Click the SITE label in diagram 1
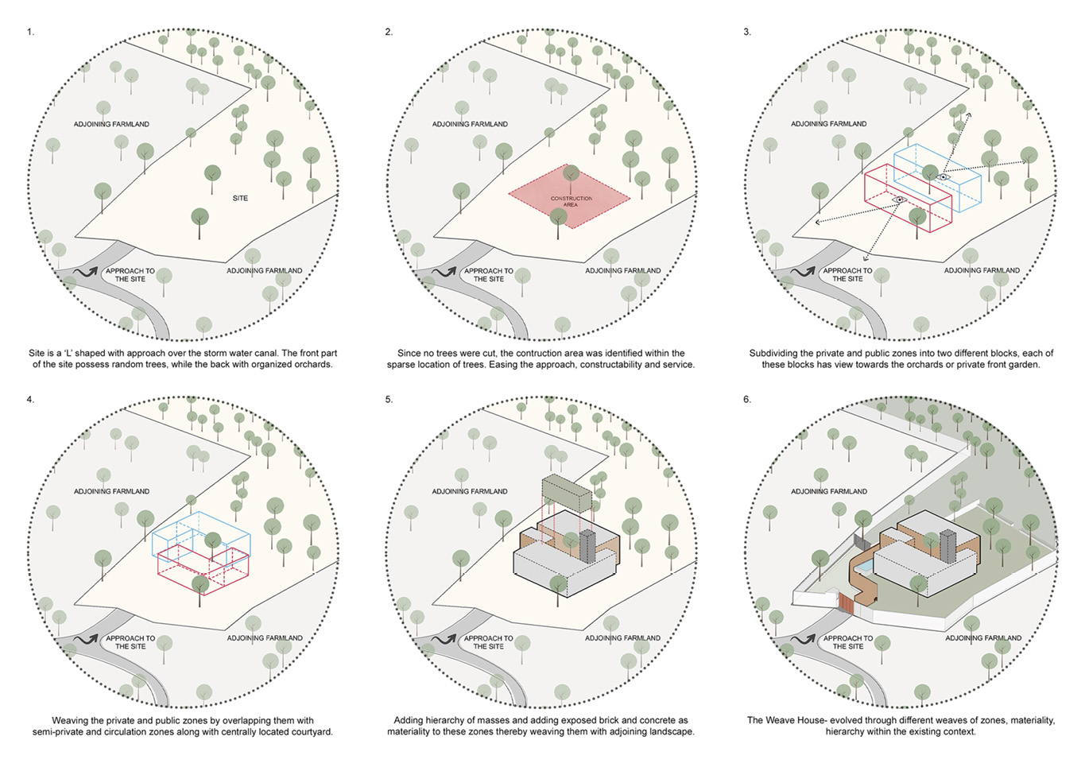pyautogui.click(x=240, y=198)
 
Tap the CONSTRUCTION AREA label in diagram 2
pyautogui.click(x=571, y=201)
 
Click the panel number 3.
pyautogui.click(x=747, y=32)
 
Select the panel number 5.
pyautogui.click(x=389, y=400)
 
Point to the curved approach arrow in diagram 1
pyautogui.click(x=86, y=273)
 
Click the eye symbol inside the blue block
pyautogui.click(x=943, y=177)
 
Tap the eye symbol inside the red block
pyautogui.click(x=900, y=199)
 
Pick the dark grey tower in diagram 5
pyautogui.click(x=587, y=546)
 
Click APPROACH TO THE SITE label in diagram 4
pyautogui.click(x=130, y=642)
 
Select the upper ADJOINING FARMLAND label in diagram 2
pyautogui.click(x=470, y=124)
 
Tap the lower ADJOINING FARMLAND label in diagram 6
pyautogui.click(x=983, y=638)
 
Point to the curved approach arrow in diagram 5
pyautogui.click(x=444, y=640)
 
